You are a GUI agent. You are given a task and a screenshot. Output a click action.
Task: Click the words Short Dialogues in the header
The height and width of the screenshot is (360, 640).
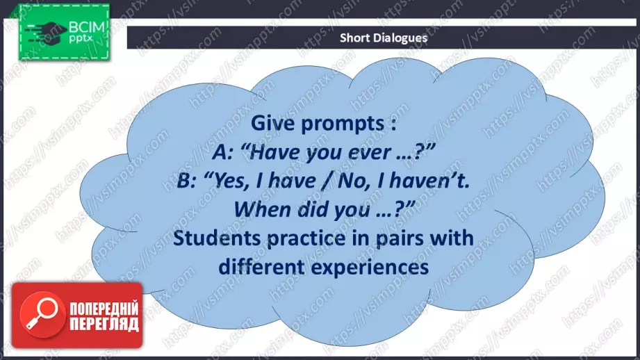click(384, 38)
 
